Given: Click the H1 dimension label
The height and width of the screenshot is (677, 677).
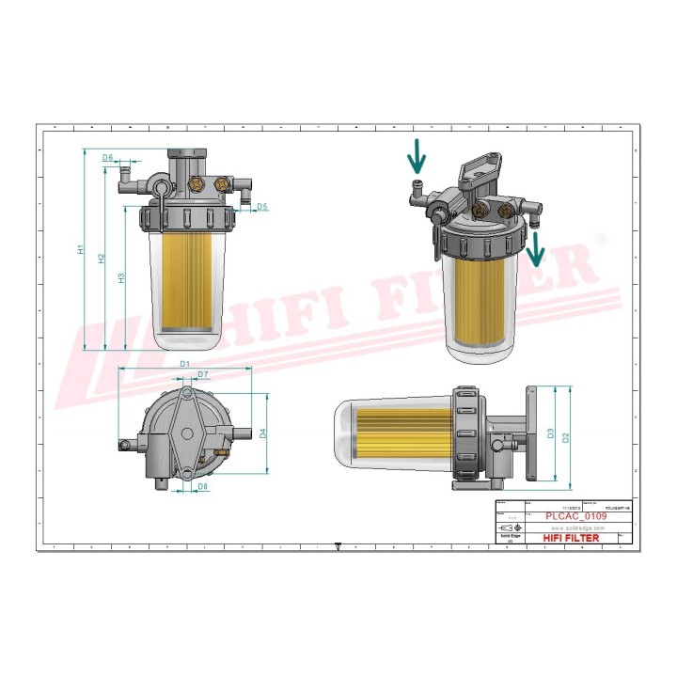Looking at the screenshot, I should click(x=82, y=251).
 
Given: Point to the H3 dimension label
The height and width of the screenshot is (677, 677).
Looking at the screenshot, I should click(x=121, y=278).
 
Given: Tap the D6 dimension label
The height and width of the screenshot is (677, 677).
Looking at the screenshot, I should click(x=108, y=157).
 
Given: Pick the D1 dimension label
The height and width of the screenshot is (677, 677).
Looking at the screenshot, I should click(x=184, y=363).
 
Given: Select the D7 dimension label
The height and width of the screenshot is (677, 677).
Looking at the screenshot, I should click(x=203, y=375).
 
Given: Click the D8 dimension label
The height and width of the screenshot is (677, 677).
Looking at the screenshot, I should click(x=202, y=486).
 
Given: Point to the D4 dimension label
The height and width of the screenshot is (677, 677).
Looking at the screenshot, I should click(x=263, y=433).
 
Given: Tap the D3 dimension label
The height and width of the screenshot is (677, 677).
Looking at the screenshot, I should click(x=550, y=433).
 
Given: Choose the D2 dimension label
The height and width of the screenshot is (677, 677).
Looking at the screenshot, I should click(x=565, y=437).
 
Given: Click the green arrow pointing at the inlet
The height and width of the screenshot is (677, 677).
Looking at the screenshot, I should click(x=417, y=154).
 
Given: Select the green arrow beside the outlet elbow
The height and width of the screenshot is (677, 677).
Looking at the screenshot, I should click(x=536, y=251).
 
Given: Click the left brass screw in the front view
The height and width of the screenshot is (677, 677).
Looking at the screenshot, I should click(x=197, y=182).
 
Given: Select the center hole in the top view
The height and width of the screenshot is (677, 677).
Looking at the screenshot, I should click(x=187, y=433).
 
